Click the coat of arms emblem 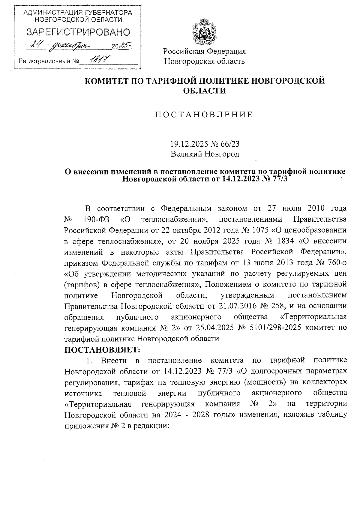(x=204, y=31)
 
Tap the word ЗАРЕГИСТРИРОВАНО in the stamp (x=79, y=32)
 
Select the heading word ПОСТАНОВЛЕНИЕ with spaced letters (x=204, y=115)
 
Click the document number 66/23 (x=230, y=144)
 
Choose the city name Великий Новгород (x=205, y=154)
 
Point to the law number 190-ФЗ (x=94, y=219)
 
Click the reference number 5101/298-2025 (x=274, y=328)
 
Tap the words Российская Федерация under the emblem (x=204, y=51)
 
